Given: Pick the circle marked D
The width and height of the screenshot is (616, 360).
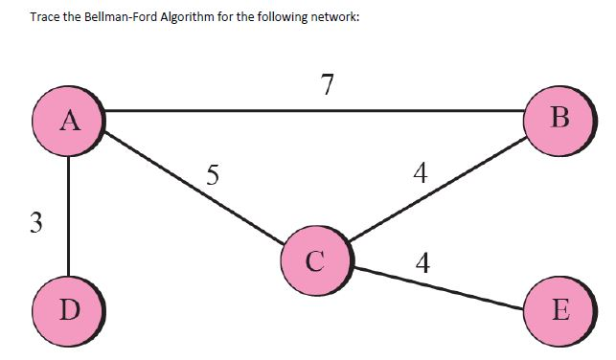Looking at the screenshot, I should click(x=69, y=309).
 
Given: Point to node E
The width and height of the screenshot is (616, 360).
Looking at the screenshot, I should click(x=560, y=310).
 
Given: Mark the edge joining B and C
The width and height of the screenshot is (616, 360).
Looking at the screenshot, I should click(x=436, y=188).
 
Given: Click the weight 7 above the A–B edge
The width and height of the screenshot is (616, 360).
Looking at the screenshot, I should click(x=328, y=85).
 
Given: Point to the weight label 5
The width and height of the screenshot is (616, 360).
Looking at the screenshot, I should click(x=213, y=174).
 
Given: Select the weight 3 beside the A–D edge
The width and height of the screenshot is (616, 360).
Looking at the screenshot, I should click(x=35, y=222).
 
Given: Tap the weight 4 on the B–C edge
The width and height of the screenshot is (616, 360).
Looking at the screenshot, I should click(x=419, y=172).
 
